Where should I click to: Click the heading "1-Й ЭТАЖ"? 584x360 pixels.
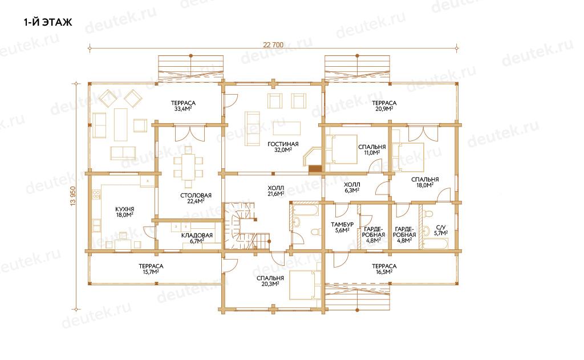[48, 22]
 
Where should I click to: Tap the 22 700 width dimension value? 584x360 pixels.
[273, 45]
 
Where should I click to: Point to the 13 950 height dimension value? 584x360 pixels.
[72, 196]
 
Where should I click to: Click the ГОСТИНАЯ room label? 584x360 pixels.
[283, 144]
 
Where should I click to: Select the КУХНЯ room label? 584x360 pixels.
[124, 209]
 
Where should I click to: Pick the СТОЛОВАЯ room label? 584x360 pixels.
[196, 195]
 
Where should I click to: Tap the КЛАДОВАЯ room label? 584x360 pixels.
[197, 235]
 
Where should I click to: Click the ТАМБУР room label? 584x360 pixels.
[342, 224]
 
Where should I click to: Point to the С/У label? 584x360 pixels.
[441, 227]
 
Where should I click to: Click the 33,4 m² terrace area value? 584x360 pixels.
[183, 109]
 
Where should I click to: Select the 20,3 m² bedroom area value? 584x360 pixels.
[270, 284]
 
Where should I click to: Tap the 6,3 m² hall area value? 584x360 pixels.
[351, 191]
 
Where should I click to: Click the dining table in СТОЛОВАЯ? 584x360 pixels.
[188, 167]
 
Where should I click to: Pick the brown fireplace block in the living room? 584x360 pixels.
[315, 168]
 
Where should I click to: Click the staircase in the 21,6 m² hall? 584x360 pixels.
[242, 226]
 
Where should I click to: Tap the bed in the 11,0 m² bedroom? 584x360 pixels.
[341, 149]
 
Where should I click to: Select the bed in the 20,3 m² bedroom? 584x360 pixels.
[305, 285]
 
